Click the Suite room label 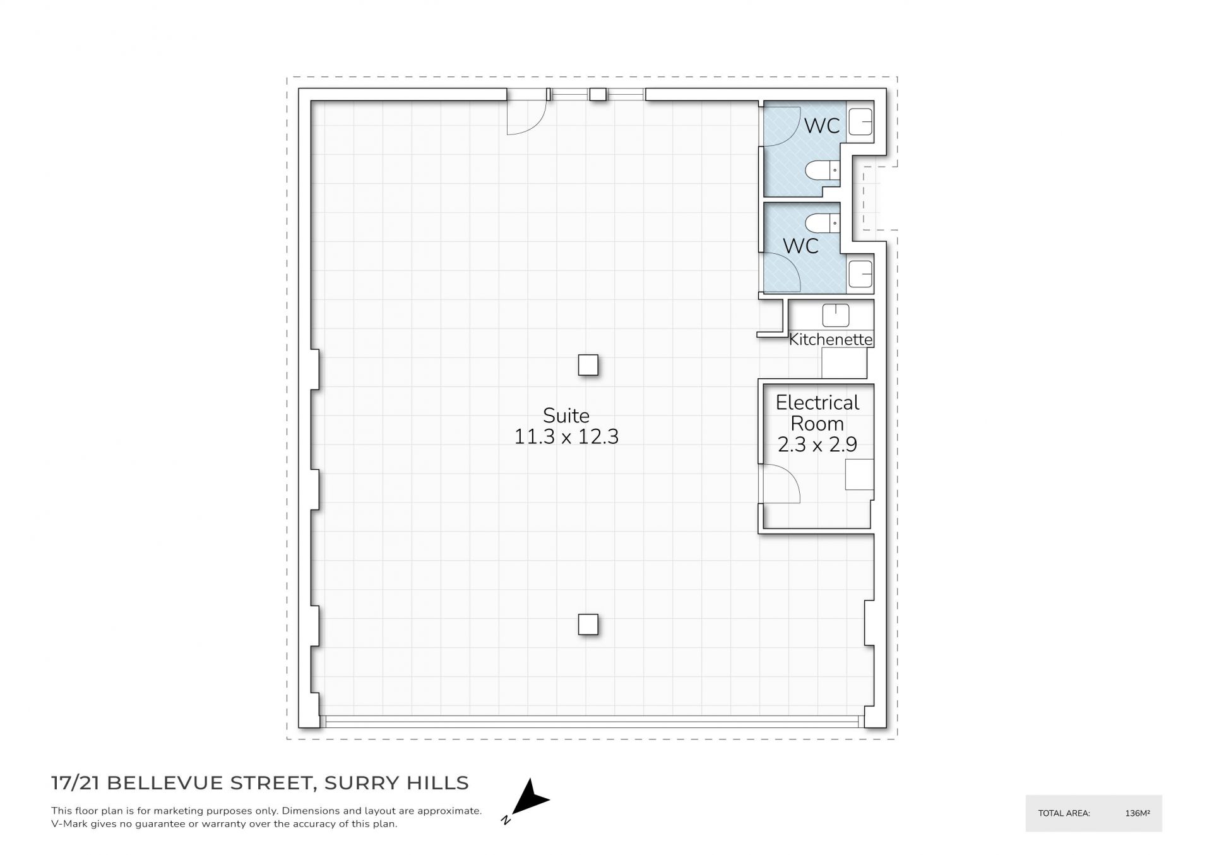(566, 416)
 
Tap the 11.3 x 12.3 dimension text (566, 436)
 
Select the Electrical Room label (817, 413)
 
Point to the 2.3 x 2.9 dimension (817, 445)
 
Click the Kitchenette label (831, 339)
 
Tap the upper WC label (822, 126)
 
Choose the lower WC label (801, 246)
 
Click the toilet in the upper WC (823, 170)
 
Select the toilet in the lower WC (823, 223)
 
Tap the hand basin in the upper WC (860, 121)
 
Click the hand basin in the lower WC (860, 273)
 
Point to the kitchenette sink (836, 315)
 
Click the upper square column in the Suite (588, 365)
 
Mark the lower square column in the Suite (588, 625)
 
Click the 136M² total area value (1138, 813)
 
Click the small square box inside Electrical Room (860, 474)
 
